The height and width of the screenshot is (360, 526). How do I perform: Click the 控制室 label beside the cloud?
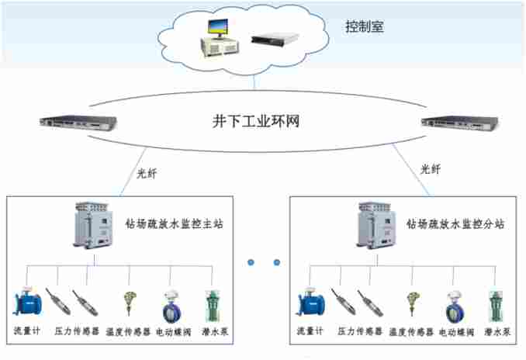(365, 27)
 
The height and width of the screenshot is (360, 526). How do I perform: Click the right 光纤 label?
(432, 167)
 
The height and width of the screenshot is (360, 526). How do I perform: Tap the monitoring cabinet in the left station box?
(90, 227)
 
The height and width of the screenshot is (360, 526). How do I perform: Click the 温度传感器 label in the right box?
(411, 332)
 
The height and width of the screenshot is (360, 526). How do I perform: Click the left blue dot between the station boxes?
(251, 262)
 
